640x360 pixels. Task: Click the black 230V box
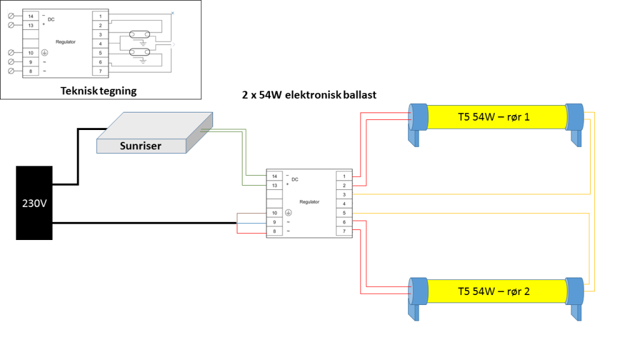click(34, 202)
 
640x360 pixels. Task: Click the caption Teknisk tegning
click(99, 91)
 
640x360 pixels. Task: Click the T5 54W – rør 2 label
click(494, 291)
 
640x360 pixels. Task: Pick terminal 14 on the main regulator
click(275, 176)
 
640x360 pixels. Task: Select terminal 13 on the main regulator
click(275, 186)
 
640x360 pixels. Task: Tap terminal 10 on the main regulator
click(275, 213)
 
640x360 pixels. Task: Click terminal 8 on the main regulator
click(275, 232)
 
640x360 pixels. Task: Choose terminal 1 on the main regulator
click(344, 176)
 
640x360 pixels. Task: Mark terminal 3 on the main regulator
click(344, 195)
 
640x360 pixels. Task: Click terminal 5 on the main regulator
click(344, 213)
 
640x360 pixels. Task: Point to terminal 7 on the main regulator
click(344, 232)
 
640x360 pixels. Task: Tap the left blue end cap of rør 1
click(416, 117)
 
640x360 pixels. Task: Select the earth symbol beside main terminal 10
click(288, 213)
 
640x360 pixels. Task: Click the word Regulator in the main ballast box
click(309, 202)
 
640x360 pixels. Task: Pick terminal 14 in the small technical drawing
click(31, 15)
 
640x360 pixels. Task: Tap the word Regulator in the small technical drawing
click(66, 42)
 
